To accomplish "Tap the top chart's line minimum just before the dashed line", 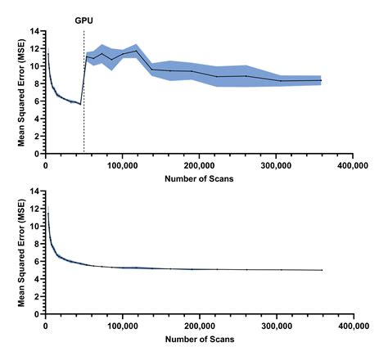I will click(80, 104).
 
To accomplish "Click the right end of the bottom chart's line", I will click(322, 270).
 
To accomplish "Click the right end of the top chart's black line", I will click(322, 80).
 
